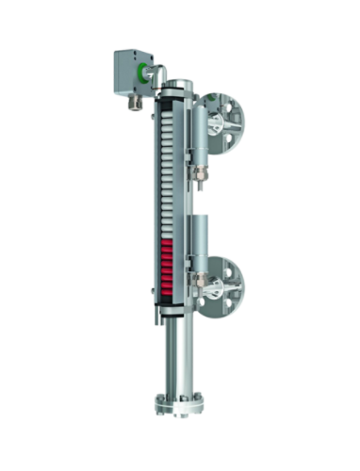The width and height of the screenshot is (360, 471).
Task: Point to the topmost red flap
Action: pos(168,244)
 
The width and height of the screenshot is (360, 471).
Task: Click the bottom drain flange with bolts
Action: pos(178,407)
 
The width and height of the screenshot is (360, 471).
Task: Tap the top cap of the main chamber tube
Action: pos(175,87)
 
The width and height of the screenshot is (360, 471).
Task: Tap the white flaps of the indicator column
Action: pos(168,170)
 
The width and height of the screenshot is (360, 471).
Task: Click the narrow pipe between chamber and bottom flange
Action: pos(178,353)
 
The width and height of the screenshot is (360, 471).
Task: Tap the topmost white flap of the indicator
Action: pos(168,106)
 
